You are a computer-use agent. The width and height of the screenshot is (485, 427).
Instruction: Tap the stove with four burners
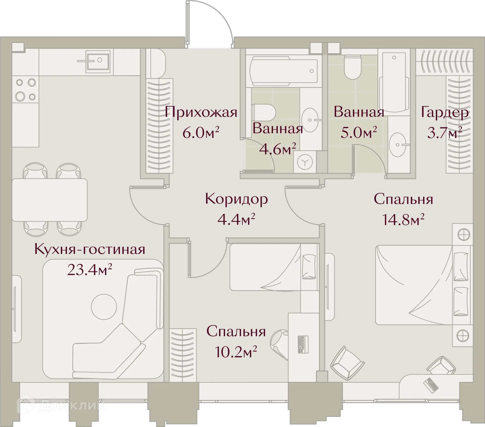coord(26,89)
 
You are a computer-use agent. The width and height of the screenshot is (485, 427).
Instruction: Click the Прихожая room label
coord(201,112)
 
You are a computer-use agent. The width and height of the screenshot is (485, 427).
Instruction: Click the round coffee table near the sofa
coord(104,307)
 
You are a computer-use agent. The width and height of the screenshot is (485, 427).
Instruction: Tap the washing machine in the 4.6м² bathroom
coord(305,162)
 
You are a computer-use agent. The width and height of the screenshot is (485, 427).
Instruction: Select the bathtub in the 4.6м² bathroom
coord(283,71)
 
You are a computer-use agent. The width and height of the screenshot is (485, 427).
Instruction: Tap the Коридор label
coord(236,199)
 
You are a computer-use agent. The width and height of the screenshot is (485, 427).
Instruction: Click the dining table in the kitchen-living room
coord(50,200)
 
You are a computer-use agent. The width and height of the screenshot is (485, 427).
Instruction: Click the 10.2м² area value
coord(236,352)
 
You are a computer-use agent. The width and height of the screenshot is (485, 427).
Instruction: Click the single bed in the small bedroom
coord(273,267)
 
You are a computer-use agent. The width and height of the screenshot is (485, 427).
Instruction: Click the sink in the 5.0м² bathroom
coord(398,145)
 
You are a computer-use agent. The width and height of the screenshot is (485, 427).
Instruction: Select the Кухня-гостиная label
coord(90,249)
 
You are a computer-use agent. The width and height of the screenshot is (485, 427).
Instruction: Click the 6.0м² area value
coord(201,133)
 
